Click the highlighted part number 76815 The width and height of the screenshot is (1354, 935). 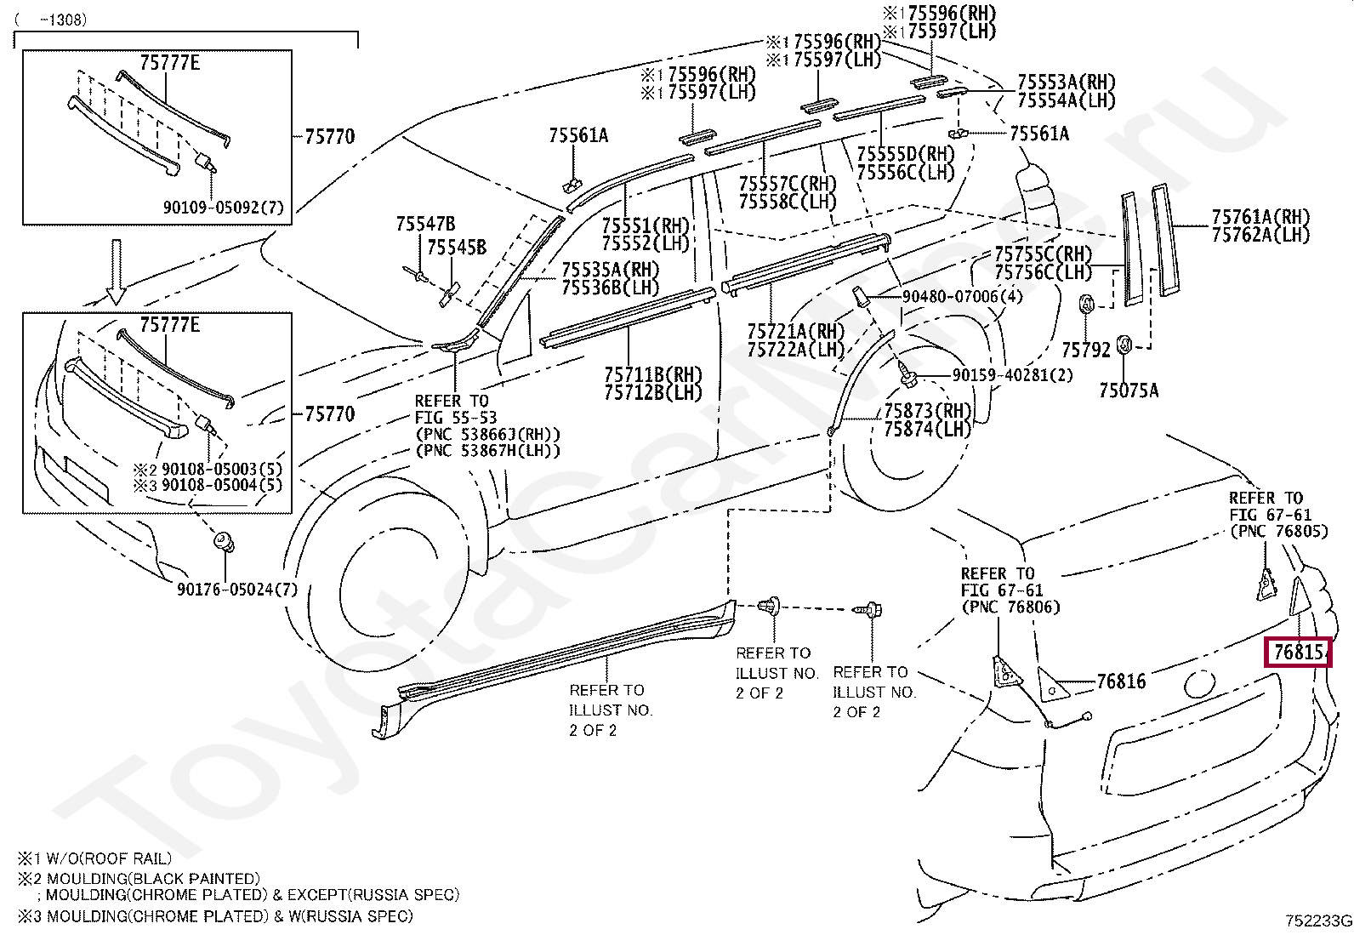coord(1298,652)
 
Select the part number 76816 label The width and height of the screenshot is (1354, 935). coord(1121,681)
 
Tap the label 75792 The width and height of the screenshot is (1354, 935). coord(1086,350)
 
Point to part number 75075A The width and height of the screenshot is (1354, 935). coord(1129,391)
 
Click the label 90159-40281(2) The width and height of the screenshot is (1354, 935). coord(1012,375)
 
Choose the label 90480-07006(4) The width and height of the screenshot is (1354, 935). coord(962,296)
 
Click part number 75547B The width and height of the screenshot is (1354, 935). coord(425,224)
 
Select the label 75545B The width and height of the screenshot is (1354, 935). coord(457,248)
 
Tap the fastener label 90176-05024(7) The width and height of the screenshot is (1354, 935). coord(237,589)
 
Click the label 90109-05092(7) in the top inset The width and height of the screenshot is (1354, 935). coord(223,208)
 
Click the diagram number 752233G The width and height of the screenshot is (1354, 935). coord(1318,921)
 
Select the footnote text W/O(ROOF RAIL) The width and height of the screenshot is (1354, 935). coord(109,858)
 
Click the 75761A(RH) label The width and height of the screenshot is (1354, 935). coord(1260,216)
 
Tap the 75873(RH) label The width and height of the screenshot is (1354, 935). coord(927,411)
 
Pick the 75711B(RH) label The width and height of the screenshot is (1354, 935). coord(653,375)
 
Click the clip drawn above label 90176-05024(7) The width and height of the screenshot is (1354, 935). coord(225,542)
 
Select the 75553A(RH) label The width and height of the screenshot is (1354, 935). coord(1067,82)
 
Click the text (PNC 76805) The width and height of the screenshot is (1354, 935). coord(1279,531)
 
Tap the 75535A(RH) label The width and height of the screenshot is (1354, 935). coord(611,270)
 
